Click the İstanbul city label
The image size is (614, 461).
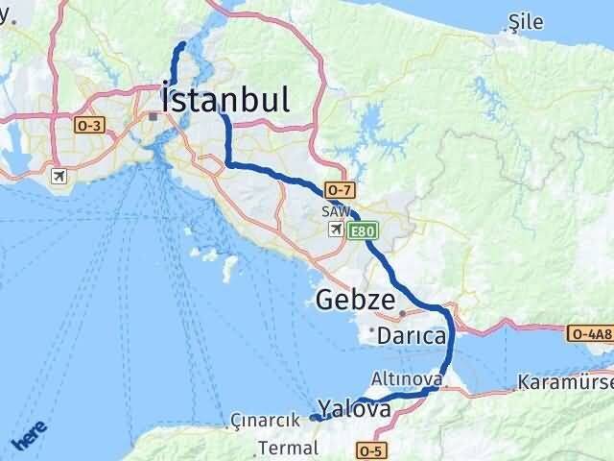224,99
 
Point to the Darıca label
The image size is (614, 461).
411,337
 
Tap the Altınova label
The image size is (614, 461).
409,380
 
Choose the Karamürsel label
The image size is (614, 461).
564,382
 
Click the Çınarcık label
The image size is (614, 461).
259,421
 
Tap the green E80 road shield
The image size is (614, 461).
364,230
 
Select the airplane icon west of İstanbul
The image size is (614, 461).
60,177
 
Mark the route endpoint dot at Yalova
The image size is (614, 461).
315,418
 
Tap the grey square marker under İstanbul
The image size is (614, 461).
153,116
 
